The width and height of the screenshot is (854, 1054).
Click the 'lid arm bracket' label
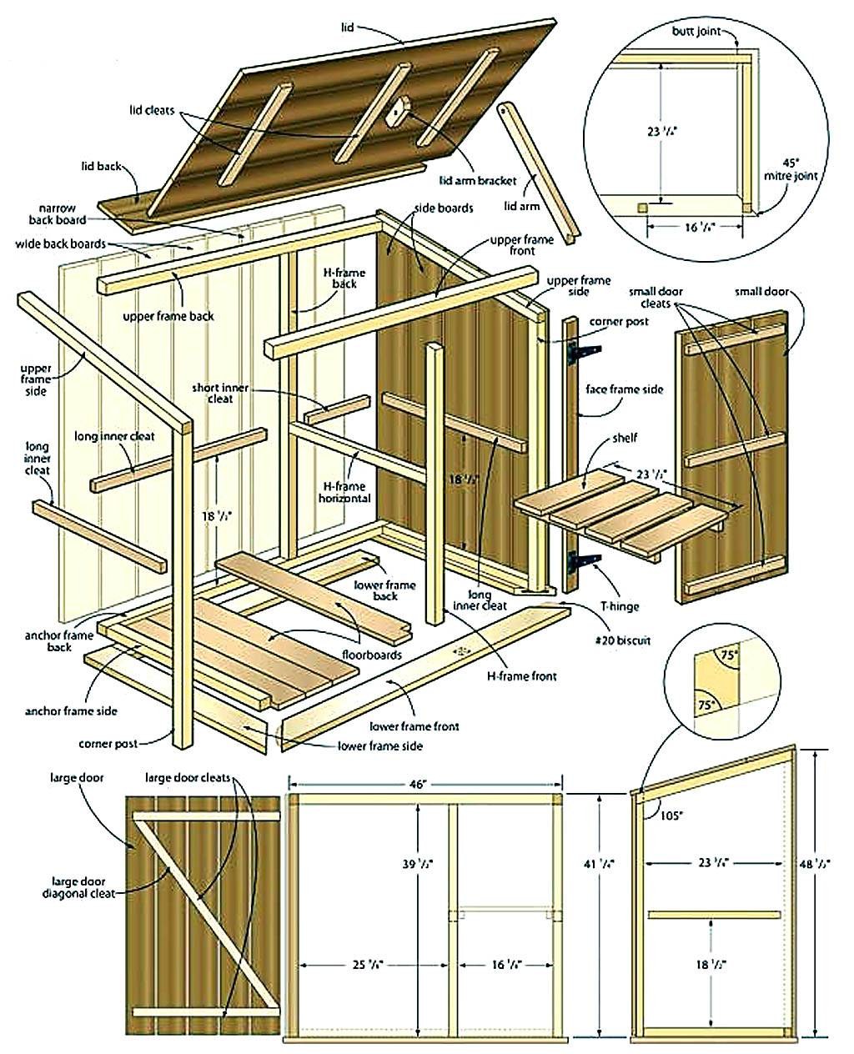pos(478,179)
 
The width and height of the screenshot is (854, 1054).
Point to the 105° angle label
pos(669,816)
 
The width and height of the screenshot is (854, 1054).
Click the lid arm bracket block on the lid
pos(399,108)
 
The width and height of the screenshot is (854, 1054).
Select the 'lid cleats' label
pos(152,109)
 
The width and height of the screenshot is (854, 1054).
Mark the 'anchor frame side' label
pos(71,711)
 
